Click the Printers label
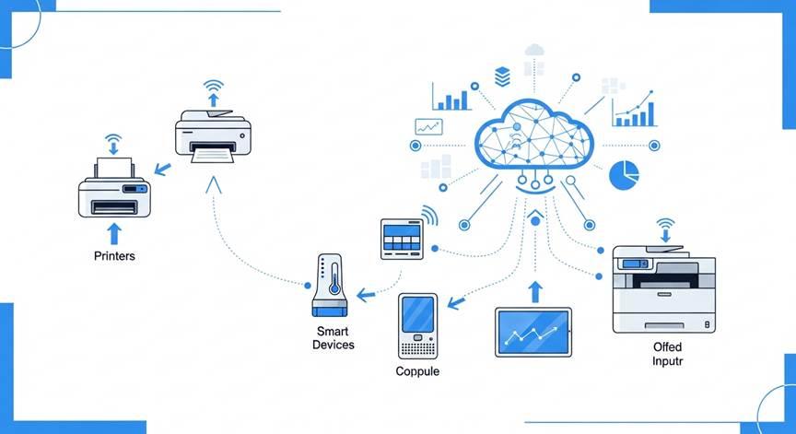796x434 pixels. (114, 255)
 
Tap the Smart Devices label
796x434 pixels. (333, 337)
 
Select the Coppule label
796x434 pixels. (417, 371)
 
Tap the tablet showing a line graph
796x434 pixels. (533, 331)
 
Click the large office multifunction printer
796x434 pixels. (663, 287)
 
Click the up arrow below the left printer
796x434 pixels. (114, 230)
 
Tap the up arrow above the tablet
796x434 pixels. (535, 290)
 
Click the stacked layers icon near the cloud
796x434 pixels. (502, 75)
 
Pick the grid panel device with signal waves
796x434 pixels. (402, 239)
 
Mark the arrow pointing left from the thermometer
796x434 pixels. (367, 295)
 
